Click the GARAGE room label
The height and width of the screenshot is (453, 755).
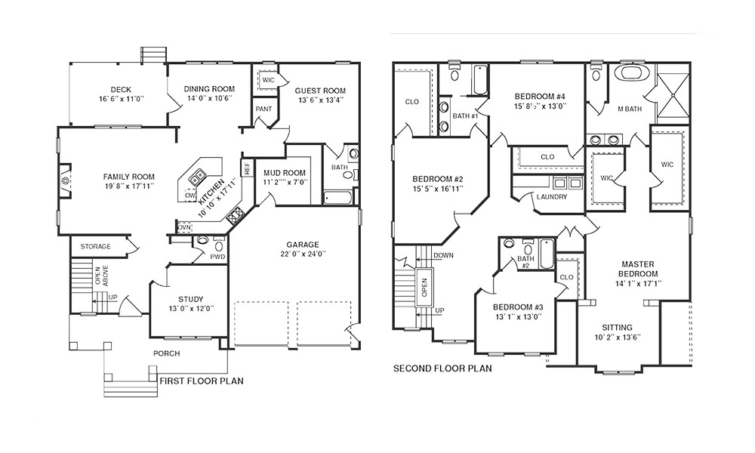pos(303,245)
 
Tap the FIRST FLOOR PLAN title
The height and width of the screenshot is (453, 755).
pos(202,381)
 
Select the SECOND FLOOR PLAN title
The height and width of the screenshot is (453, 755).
pos(442,368)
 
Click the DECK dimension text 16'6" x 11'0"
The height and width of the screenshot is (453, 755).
pos(121,99)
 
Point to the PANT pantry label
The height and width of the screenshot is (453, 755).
pos(263,109)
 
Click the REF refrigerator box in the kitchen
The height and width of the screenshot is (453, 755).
pos(247,168)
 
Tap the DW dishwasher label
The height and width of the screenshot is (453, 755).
pos(190,196)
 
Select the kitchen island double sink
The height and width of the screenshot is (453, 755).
pos(197,178)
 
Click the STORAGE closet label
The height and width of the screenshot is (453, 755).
pos(95,246)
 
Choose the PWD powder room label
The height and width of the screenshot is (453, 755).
pos(217,257)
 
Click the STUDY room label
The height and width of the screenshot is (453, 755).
pos(191,299)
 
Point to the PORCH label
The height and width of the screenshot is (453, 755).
pos(167,353)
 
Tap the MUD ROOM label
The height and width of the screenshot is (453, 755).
pos(285,173)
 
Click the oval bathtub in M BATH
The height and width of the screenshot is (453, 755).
pos(635,72)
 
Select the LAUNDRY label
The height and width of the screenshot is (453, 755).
pos(552,197)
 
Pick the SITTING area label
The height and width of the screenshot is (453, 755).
pos(618,328)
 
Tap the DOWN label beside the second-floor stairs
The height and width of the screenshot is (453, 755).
pos(443,256)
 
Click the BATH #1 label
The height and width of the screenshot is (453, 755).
pos(465,116)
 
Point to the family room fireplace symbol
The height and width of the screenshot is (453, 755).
pos(64,180)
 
